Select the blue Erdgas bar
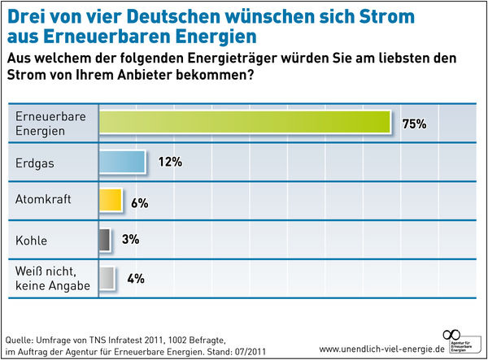pyautogui.click(x=122, y=162)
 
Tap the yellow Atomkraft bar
pyautogui.click(x=111, y=201)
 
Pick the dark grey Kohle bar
pyautogui.click(x=104, y=240)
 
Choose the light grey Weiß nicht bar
pyautogui.click(x=106, y=278)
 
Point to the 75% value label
pyautogui.click(x=414, y=124)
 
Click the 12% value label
pyautogui.click(x=169, y=162)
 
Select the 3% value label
pyautogui.click(x=130, y=240)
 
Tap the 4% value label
pyautogui.click(x=134, y=279)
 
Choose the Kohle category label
pyautogui.click(x=33, y=240)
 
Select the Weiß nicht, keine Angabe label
pyautogui.click(x=50, y=278)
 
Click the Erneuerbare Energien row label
pyautogui.click(x=50, y=123)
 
